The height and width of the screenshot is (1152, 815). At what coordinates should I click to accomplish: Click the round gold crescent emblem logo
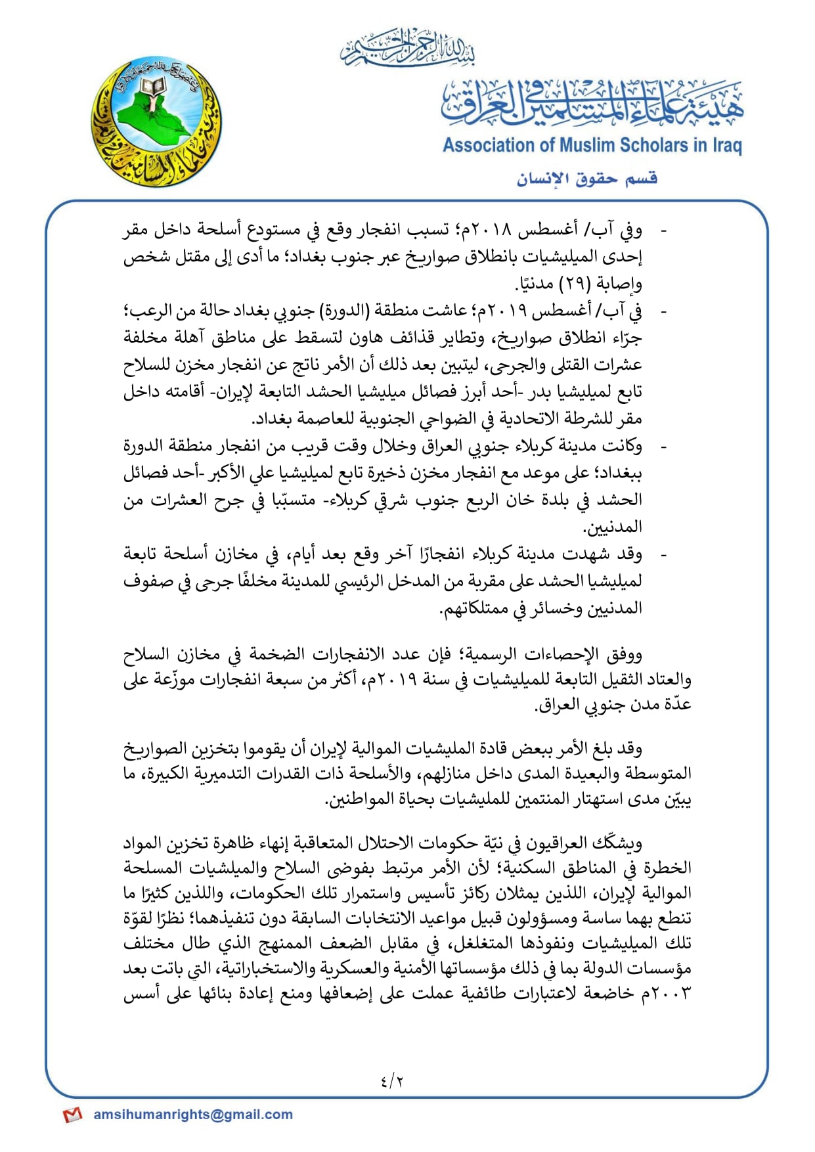pos(156,122)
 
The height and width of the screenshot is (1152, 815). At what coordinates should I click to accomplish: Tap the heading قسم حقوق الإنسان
pos(586,179)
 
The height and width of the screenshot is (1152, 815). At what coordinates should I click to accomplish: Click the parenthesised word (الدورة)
pos(342,311)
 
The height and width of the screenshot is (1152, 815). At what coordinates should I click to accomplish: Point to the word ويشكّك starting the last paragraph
pos(617,843)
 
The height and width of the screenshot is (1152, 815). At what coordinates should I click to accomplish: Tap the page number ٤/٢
pos(391,1080)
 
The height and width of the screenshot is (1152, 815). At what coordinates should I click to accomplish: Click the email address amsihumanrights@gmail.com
pos(193,1115)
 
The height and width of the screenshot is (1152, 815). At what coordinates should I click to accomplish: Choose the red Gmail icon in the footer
pos(72,1115)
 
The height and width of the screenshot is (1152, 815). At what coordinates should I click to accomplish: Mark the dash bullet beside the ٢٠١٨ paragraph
pos(663,231)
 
